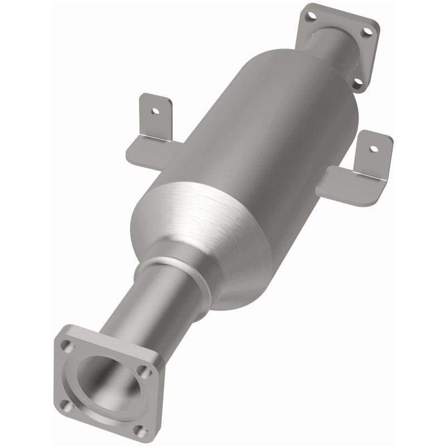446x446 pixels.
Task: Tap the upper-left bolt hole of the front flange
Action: [68, 347]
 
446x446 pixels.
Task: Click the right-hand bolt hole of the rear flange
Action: [367, 32]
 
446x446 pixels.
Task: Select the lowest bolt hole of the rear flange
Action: [357, 84]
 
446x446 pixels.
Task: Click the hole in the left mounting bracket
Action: [156, 110]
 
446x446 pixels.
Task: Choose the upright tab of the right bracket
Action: [373, 156]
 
